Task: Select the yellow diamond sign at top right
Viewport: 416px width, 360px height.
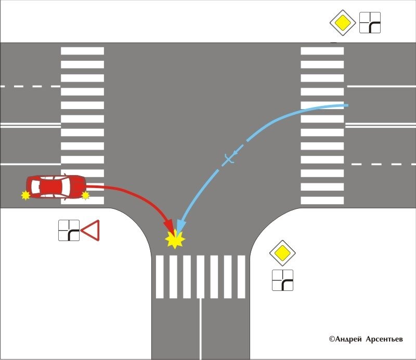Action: pyautogui.click(x=342, y=23)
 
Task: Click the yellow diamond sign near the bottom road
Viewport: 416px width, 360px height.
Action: pyautogui.click(x=282, y=253)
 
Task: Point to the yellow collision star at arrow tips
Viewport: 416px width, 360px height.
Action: pyautogui.click(x=175, y=239)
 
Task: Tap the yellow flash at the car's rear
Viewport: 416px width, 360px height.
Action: pyautogui.click(x=24, y=195)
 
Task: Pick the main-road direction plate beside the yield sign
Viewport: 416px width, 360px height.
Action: pyautogui.click(x=69, y=230)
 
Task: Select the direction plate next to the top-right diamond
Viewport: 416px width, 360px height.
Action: pyautogui.click(x=370, y=23)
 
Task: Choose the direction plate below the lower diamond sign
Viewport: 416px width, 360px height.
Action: pyautogui.click(x=282, y=280)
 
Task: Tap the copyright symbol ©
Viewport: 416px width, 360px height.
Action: pyautogui.click(x=331, y=339)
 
